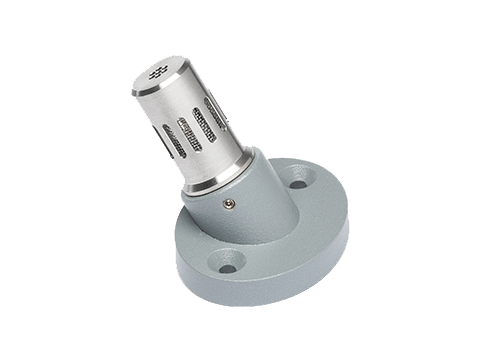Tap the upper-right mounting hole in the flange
[x=297, y=183]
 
